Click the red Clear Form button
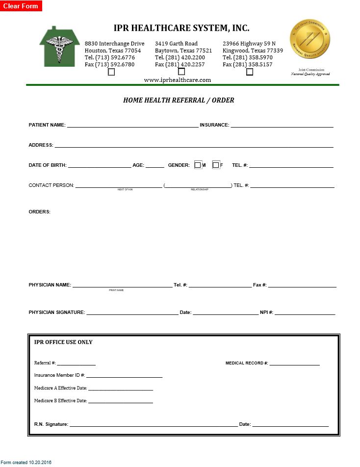coord(21,6)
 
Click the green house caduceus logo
coord(59,47)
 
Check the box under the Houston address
coord(111,72)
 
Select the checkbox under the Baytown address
coord(181,72)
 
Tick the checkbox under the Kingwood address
coord(250,72)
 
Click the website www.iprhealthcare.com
coord(178,80)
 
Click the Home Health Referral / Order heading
coord(179,100)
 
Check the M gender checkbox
coord(198,165)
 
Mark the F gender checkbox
coord(215,165)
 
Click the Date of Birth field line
coord(100,165)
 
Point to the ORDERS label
coord(40,212)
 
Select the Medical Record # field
coord(294,363)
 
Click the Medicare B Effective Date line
coord(121,401)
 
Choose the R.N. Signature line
coord(154,424)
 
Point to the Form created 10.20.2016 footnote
coord(26,462)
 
